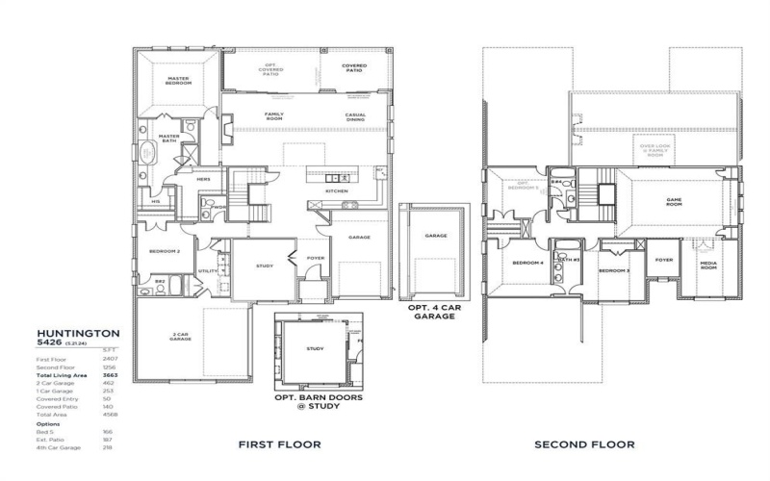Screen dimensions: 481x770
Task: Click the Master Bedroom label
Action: [x=177, y=81]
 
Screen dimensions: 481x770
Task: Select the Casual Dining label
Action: [x=355, y=116]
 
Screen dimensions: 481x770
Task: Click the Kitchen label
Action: [x=336, y=191]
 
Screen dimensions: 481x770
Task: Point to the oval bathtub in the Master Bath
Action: [x=148, y=153]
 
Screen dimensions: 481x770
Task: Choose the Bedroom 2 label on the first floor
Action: [x=165, y=251]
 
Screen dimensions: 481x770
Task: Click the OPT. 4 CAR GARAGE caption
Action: [x=433, y=311]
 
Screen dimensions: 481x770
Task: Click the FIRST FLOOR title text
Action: [x=280, y=444]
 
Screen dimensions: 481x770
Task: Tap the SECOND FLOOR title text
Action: [x=586, y=444]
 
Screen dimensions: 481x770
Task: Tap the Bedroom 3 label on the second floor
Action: [x=613, y=270]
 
